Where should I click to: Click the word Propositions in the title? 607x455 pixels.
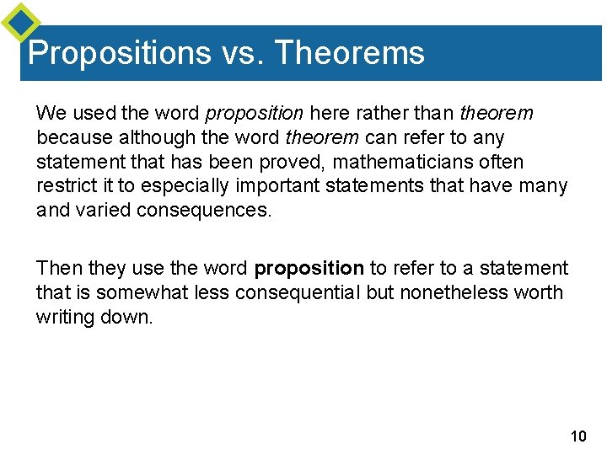tap(119, 53)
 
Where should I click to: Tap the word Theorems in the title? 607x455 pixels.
tap(350, 53)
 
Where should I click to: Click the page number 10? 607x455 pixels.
tap(577, 436)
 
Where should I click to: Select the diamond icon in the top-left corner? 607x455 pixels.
tap(20, 23)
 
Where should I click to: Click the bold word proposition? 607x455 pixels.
tap(309, 268)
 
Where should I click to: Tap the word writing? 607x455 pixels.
tap(64, 317)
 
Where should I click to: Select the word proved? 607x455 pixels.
tap(276, 161)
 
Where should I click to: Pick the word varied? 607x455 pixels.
tap(99, 210)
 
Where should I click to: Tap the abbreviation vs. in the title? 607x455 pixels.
tap(243, 53)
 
